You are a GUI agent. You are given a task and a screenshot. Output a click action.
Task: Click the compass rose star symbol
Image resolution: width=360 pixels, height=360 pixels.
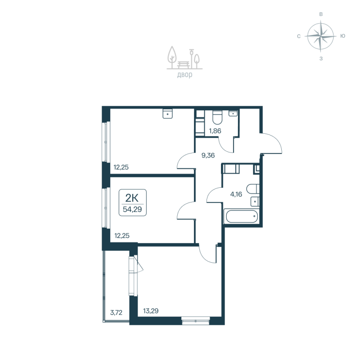(x=320, y=36)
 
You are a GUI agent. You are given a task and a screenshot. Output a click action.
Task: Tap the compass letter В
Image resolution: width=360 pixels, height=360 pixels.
(x=321, y=14)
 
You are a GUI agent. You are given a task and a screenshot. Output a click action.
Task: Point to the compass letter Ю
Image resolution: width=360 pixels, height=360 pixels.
(x=342, y=36)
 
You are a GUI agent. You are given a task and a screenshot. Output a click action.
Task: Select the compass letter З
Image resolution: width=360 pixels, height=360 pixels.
(x=321, y=58)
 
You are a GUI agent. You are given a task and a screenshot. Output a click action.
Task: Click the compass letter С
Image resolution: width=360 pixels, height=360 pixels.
(x=299, y=36)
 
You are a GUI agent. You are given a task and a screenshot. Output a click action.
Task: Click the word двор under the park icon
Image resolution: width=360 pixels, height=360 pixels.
(x=184, y=75)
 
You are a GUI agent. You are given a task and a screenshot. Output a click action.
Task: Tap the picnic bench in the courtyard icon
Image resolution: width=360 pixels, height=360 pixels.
(x=183, y=64)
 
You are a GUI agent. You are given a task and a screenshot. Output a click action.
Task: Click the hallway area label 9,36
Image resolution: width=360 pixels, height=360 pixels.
(x=208, y=156)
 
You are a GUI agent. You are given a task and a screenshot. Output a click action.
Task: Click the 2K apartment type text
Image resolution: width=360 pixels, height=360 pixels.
(x=133, y=197)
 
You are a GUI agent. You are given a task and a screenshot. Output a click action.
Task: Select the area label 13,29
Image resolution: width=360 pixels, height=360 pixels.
(x=150, y=310)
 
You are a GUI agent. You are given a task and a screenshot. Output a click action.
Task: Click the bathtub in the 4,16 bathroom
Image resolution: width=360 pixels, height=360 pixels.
(x=242, y=217)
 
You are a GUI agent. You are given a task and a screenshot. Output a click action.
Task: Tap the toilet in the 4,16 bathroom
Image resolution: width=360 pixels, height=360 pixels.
(x=253, y=188)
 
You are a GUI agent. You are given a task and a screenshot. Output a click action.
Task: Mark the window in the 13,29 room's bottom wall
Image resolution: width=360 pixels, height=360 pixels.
(x=196, y=321)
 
